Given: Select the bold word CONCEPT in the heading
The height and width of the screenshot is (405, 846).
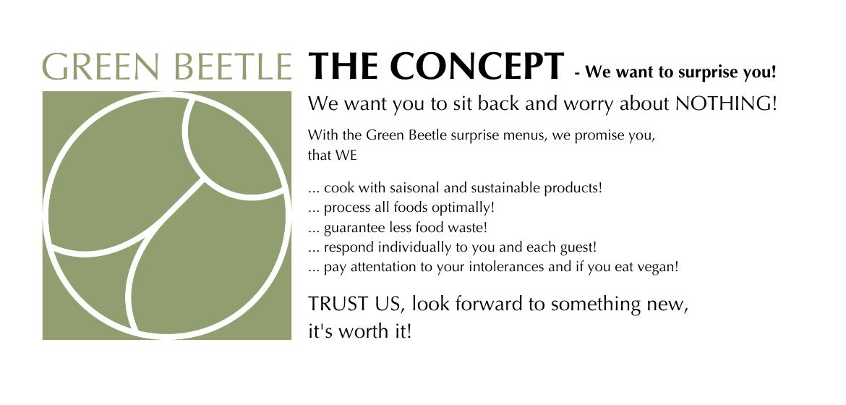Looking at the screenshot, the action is tap(477, 67).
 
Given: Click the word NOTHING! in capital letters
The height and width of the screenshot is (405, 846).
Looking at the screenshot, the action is tap(726, 103).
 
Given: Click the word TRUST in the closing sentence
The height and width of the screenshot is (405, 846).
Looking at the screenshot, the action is tap(330, 304).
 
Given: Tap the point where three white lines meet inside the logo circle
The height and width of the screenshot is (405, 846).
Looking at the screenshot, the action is tap(204, 181).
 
